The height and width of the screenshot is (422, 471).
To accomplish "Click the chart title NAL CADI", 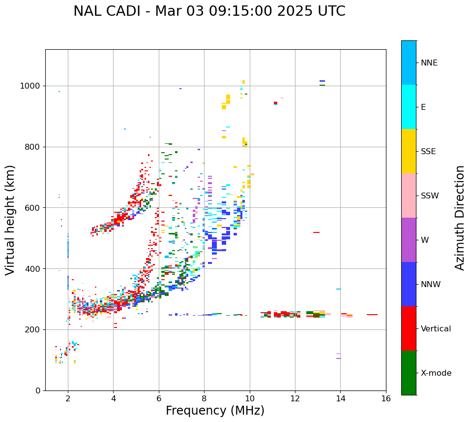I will point(209,11).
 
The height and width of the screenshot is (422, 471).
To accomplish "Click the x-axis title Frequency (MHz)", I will point(215,411).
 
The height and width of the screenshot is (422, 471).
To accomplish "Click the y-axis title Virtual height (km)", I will point(10,220).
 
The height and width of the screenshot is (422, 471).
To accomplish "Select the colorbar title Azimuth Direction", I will point(460,218).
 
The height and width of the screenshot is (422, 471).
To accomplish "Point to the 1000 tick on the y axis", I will point(31,86).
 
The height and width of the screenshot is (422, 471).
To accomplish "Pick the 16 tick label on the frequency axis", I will point(386,398).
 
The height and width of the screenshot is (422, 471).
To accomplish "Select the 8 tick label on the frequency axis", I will point(204,398).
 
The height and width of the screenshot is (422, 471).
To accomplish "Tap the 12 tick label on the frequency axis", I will point(295,398).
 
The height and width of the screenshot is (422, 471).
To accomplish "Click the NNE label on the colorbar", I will point(429,63).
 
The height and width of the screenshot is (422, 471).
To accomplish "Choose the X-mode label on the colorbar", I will point(436,373).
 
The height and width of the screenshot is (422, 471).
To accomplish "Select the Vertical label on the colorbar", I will point(436,329).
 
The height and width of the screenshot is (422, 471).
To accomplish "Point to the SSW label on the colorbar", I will point(430,196).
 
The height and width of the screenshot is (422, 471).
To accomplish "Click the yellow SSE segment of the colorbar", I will point(409,151).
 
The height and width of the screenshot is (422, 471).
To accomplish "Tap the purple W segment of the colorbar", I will point(409,240).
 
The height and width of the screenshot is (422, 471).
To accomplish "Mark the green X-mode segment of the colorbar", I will point(409,373).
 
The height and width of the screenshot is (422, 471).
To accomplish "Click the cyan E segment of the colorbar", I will point(409,107).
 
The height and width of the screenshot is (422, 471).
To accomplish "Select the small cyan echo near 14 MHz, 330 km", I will point(339,289).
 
